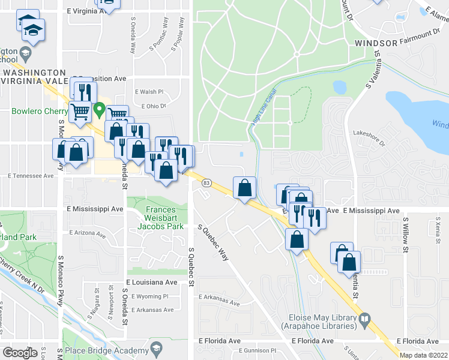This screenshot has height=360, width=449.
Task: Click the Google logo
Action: [x=20, y=352]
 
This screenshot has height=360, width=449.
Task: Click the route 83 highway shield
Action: [x=206, y=182]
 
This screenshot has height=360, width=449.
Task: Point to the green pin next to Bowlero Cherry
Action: [x=99, y=111]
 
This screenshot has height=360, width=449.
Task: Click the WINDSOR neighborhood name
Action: [x=376, y=43]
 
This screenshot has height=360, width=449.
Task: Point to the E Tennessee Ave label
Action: [x=31, y=176]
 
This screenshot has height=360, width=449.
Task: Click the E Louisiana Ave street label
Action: [x=152, y=281]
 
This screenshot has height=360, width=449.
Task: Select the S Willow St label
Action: [x=406, y=231]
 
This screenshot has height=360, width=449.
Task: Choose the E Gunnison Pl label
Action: [x=256, y=350]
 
